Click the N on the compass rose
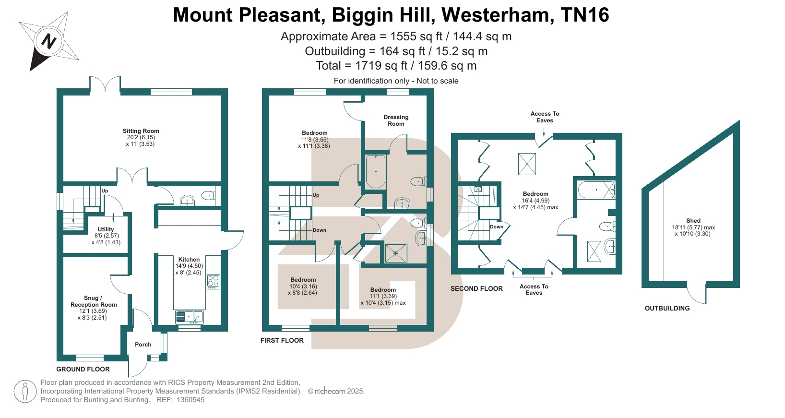click(49, 41)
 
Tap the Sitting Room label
click(141, 131)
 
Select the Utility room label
click(106, 229)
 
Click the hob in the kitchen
click(214, 282)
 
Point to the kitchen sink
click(189, 317)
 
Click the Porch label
click(143, 345)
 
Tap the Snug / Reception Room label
click(94, 301)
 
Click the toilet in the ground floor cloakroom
click(209, 195)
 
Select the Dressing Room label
click(396, 120)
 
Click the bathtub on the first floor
click(376, 172)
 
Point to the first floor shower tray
click(396, 253)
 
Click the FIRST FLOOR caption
click(282, 340)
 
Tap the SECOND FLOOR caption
click(476, 288)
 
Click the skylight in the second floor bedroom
click(527, 164)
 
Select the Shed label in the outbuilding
click(693, 221)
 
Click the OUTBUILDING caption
click(667, 308)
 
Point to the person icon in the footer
click(25, 392)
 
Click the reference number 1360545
click(190, 400)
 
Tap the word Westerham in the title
click(498, 15)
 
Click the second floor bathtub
click(596, 190)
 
